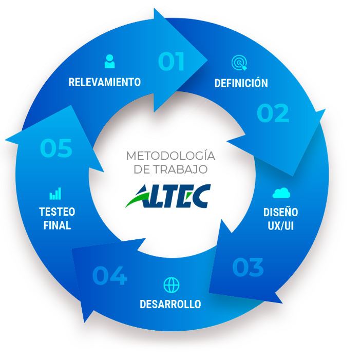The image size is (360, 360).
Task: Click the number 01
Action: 171,62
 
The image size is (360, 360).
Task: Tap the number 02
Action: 273,113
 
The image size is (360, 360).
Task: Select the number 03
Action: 248,267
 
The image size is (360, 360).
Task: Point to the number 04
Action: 109,276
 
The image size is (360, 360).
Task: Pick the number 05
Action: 56,148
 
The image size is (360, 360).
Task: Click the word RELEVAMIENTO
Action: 105,82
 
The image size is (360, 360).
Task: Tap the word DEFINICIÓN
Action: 241,83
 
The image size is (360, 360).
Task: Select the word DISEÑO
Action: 280,212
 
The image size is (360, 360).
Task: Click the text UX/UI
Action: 280,225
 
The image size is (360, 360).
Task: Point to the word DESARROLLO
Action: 170,304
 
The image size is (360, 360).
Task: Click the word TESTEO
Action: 57,212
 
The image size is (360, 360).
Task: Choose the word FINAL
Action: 57,225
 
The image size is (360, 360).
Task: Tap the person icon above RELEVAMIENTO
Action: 109,61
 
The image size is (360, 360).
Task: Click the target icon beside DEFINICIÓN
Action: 239,63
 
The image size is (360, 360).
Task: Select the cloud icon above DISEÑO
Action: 281,193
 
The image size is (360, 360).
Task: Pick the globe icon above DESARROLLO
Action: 171,285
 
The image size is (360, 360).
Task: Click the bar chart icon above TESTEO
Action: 55,194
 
